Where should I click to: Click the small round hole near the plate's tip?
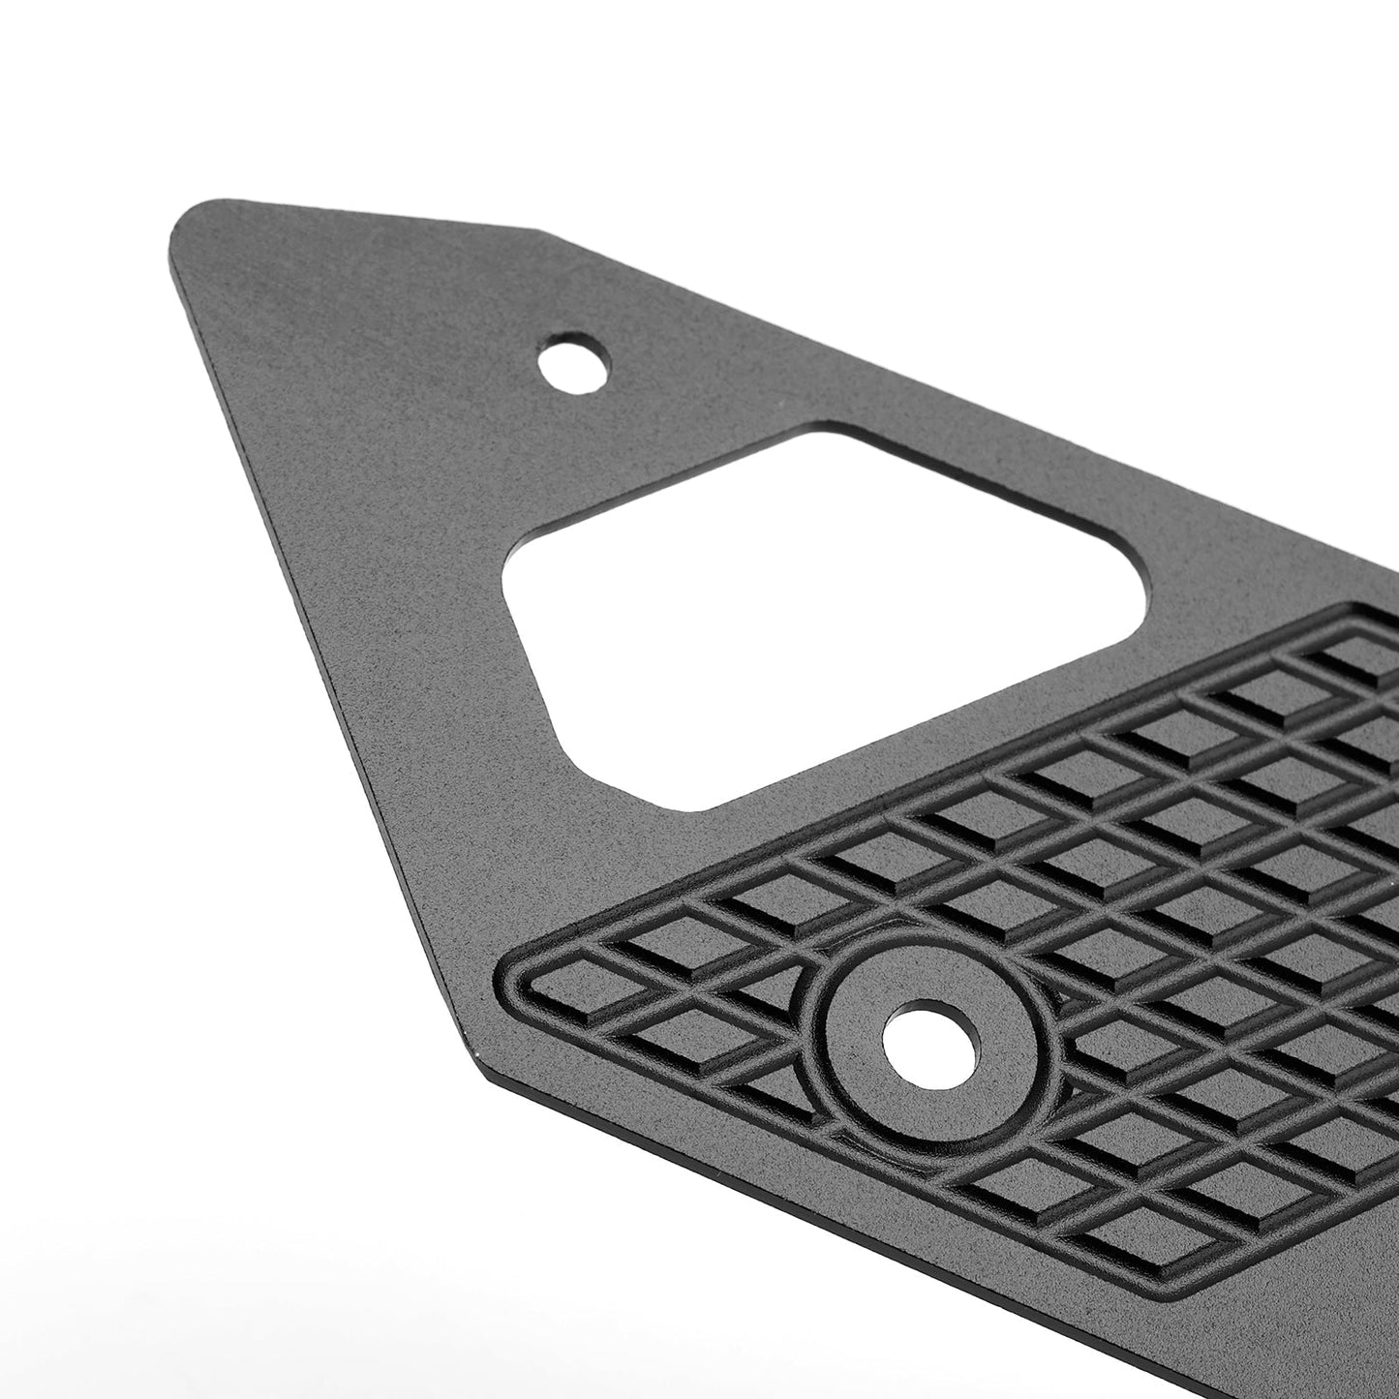tap(576, 363)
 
